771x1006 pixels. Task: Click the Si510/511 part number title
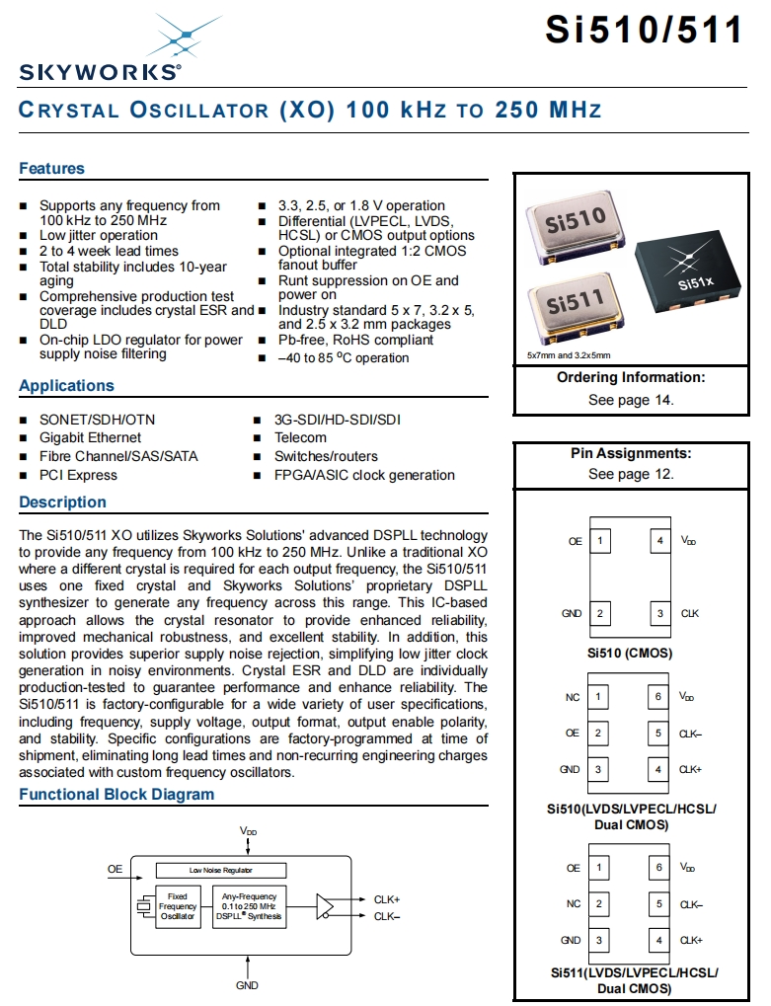(644, 30)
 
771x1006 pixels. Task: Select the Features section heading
(52, 169)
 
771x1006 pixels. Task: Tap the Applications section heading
(67, 386)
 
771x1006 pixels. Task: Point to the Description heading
(62, 503)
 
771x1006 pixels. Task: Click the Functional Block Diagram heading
(116, 795)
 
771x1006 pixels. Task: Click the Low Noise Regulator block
(221, 870)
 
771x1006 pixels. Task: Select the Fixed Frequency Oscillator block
(178, 907)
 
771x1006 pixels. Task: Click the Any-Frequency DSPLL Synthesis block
(250, 907)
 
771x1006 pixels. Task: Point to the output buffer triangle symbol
(326, 907)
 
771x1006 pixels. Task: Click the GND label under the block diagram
(247, 984)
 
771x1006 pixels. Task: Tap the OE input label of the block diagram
(116, 870)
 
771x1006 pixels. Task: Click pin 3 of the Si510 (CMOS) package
(660, 614)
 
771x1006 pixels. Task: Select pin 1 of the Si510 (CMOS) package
(599, 541)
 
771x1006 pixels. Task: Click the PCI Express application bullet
(78, 475)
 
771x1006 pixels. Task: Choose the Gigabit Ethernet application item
(90, 437)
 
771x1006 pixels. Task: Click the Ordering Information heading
(631, 377)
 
